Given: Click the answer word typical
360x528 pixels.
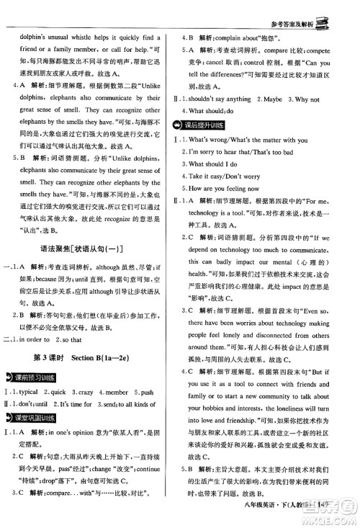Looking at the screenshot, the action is (x=27, y=393).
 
